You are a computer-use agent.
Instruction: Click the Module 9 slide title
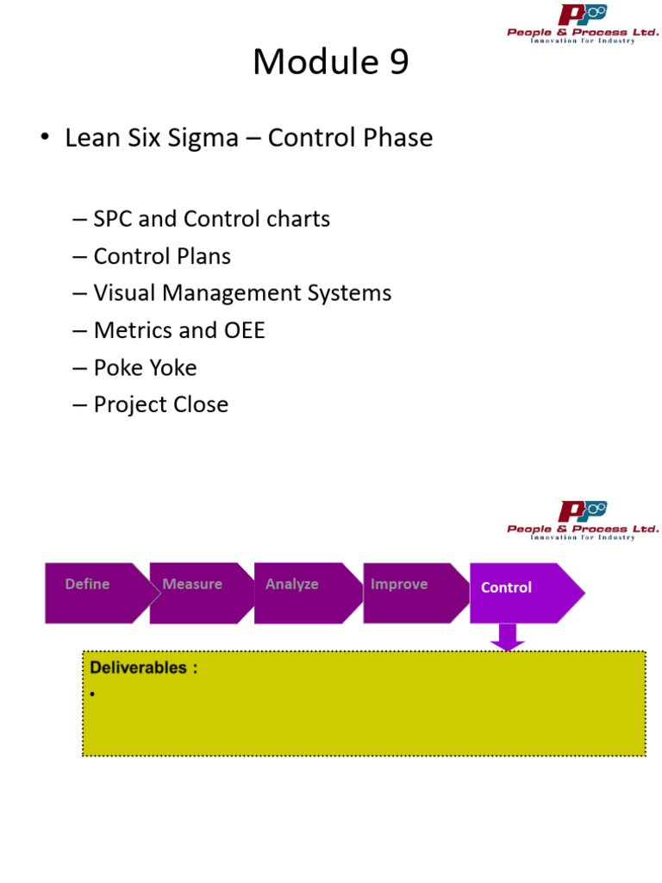(x=330, y=62)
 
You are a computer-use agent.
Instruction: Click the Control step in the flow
(x=517, y=592)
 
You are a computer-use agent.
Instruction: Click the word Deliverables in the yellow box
(x=138, y=667)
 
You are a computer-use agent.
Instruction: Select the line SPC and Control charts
(x=211, y=219)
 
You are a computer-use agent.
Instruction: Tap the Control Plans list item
(x=162, y=256)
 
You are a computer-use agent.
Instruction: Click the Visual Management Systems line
(x=242, y=293)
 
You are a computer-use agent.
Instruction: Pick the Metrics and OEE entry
(x=179, y=330)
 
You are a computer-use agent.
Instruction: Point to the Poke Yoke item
(x=145, y=367)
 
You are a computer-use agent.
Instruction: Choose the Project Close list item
(x=160, y=404)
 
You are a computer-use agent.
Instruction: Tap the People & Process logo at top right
(x=583, y=25)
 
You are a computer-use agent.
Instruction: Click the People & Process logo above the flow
(x=583, y=521)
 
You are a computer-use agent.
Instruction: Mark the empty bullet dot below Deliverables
(x=91, y=694)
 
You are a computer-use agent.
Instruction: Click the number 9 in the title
(x=398, y=62)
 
